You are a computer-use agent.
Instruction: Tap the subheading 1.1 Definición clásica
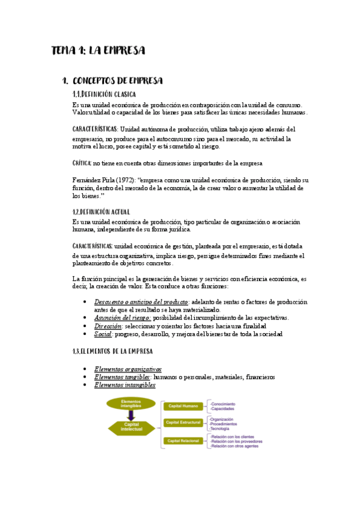pyautogui.click(x=103, y=94)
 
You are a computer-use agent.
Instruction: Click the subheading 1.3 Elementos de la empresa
pyautogui.click(x=112, y=351)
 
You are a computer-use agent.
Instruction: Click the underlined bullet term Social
pyautogui.click(x=103, y=334)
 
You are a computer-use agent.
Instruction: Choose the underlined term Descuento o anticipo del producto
pyautogui.click(x=142, y=301)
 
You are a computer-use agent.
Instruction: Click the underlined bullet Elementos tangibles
pyautogui.click(x=123, y=377)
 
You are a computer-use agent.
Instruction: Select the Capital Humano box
pyautogui.click(x=183, y=406)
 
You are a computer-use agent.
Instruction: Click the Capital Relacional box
pyautogui.click(x=184, y=441)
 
